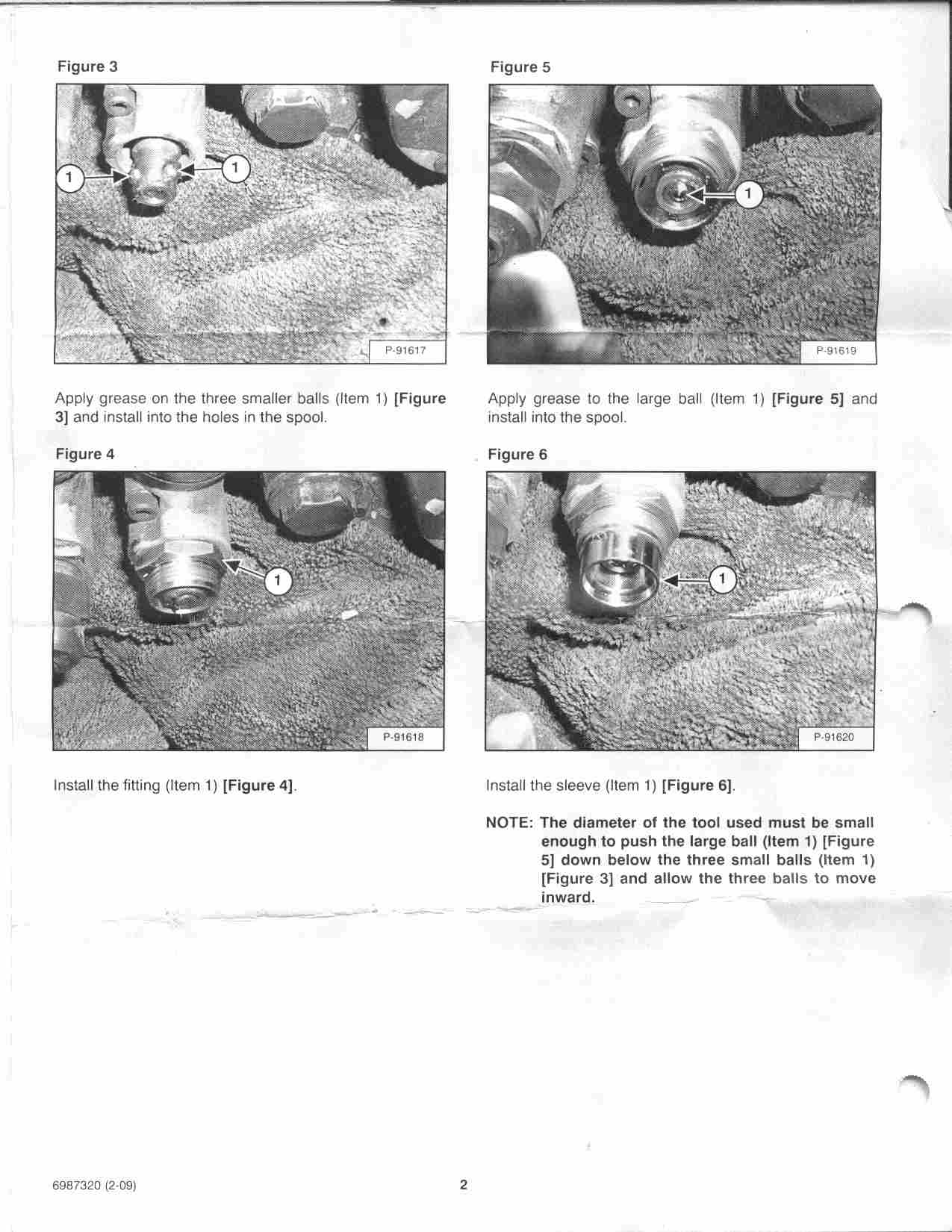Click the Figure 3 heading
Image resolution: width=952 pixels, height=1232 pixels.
87,66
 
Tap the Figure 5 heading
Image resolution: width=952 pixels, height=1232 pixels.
520,67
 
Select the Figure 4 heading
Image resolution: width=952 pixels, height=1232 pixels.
84,454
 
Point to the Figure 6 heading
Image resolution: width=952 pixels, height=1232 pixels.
517,455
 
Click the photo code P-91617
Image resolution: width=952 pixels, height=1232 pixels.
405,350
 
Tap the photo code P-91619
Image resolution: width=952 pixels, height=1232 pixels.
836,350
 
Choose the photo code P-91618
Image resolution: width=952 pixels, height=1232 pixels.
403,737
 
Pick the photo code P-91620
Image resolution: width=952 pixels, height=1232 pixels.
834,737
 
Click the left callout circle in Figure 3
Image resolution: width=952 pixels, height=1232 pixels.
69,178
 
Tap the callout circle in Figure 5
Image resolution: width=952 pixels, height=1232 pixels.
749,194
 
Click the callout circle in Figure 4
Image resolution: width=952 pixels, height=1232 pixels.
279,580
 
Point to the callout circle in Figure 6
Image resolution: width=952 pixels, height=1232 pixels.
722,579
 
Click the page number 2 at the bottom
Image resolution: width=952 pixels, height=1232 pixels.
463,1184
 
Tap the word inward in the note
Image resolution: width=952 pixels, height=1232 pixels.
567,897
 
